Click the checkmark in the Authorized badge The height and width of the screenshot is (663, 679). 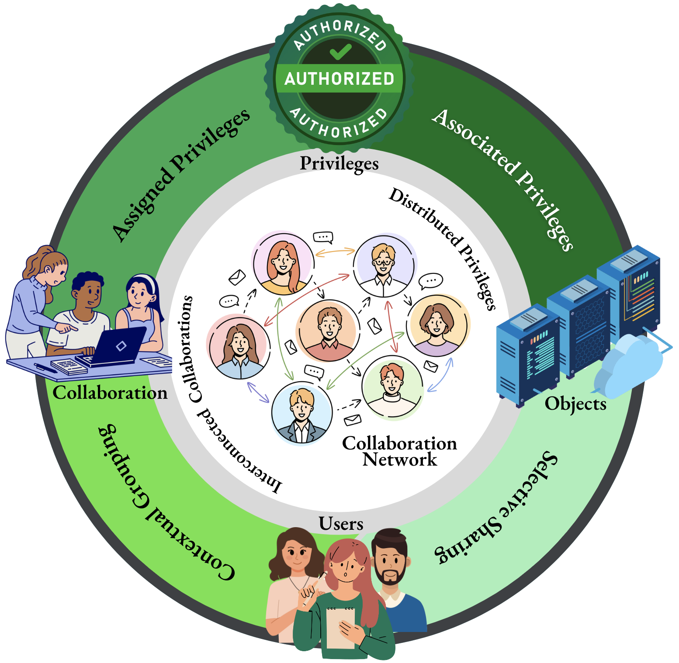[x=340, y=51]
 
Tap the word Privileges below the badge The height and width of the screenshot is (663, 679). [x=339, y=163]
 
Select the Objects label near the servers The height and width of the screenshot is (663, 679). [x=575, y=404]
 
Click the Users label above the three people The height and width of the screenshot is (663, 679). [x=341, y=524]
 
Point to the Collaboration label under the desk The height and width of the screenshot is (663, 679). [x=110, y=393]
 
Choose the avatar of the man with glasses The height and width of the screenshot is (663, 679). [x=384, y=266]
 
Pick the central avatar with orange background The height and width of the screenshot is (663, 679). [x=328, y=330]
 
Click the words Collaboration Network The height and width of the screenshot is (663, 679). [x=399, y=451]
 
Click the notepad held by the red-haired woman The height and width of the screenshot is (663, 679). [x=340, y=627]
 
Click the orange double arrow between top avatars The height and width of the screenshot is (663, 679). [x=335, y=252]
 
